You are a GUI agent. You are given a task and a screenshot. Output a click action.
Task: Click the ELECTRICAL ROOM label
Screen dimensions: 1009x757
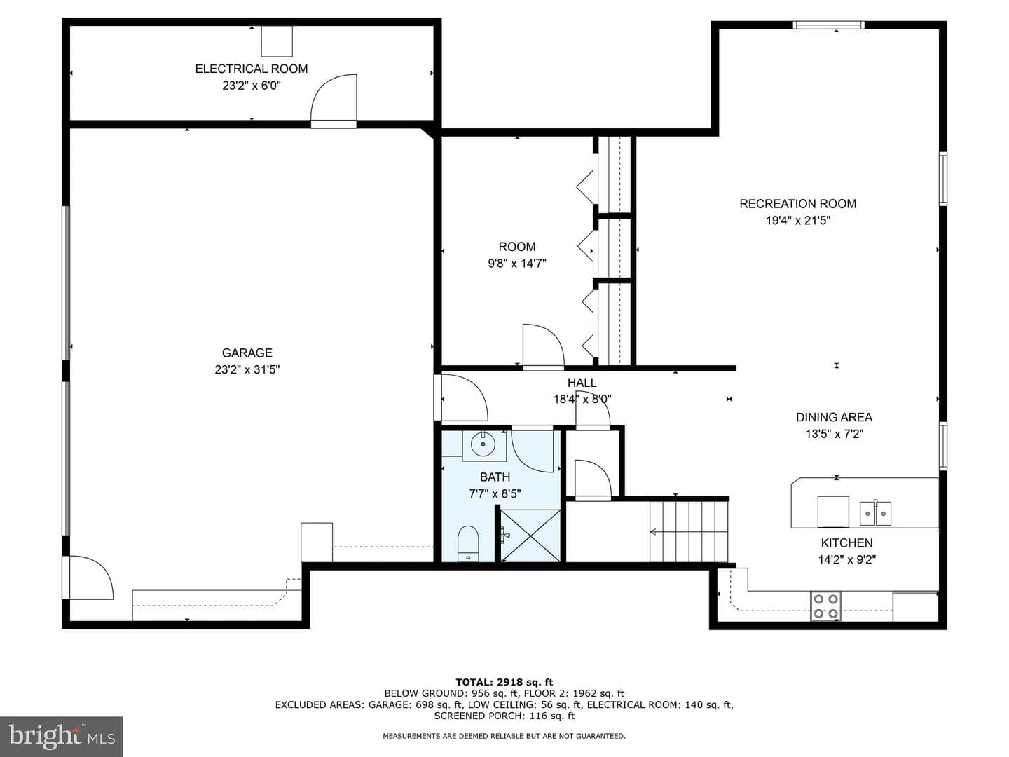point(251,69)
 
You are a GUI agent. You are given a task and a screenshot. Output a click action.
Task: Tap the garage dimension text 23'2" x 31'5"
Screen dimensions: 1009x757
point(247,369)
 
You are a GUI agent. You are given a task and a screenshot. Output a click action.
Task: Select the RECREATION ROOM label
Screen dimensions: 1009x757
point(797,203)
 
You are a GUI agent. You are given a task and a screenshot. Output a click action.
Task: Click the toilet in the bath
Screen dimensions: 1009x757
point(469,544)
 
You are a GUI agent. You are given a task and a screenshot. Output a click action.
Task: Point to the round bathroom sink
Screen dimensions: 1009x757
point(483,444)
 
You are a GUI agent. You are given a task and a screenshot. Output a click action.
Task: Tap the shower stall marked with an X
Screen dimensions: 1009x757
point(530,536)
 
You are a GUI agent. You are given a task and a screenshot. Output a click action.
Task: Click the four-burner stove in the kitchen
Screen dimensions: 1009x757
point(825,606)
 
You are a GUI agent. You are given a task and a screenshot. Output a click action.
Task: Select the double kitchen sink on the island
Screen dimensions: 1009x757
point(875,513)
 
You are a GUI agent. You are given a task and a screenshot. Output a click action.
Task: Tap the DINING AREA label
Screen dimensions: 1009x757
point(834,417)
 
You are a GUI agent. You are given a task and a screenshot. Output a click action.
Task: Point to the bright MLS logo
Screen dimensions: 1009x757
point(62,736)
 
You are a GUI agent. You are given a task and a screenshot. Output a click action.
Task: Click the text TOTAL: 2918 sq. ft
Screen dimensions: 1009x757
point(504,682)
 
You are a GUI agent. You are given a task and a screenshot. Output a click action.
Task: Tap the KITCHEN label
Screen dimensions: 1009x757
point(846,543)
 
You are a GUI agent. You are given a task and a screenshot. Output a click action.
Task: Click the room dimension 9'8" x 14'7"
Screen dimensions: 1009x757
point(516,264)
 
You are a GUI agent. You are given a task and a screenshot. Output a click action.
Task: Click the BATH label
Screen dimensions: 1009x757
point(495,477)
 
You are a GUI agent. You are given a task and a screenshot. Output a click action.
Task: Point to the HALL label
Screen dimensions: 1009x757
point(582,383)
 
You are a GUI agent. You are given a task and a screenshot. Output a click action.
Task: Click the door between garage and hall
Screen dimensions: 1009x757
point(461,397)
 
